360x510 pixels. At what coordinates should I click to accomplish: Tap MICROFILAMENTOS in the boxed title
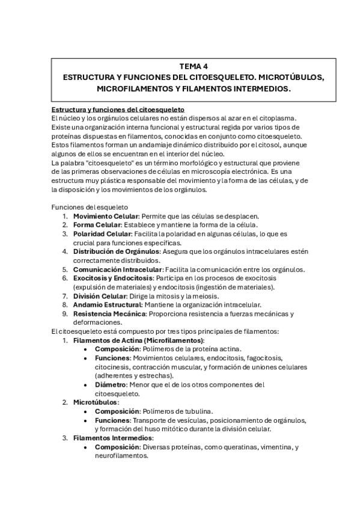(x=133, y=89)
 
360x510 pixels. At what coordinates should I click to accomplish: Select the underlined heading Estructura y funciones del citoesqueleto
(x=118, y=109)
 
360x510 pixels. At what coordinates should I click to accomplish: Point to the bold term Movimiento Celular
(x=106, y=215)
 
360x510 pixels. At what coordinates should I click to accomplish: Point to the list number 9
(x=65, y=314)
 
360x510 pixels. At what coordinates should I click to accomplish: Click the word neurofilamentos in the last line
(x=121, y=456)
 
